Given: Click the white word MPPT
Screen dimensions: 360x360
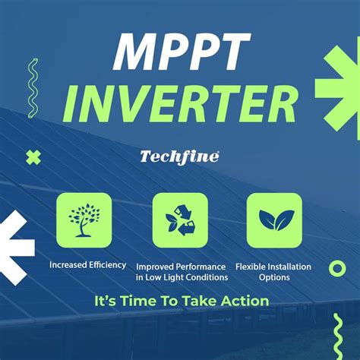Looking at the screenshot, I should (180, 52).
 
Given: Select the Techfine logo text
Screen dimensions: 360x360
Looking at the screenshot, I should (179, 156).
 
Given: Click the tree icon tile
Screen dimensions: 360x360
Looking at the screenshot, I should (84, 219).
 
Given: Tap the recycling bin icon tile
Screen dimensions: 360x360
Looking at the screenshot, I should (180, 219).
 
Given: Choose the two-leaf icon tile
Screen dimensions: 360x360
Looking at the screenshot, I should (274, 219).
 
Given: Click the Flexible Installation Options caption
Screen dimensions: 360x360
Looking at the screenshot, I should (274, 272).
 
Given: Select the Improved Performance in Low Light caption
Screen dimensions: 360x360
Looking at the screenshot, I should (181, 272).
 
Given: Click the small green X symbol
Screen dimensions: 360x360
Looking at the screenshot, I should (32, 158).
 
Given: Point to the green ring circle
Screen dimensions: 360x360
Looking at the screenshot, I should (337, 267).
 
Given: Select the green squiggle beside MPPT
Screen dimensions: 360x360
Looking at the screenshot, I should (33, 87).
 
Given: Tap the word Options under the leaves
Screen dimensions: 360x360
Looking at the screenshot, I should (274, 277).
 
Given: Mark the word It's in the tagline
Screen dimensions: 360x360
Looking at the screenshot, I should (106, 301).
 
